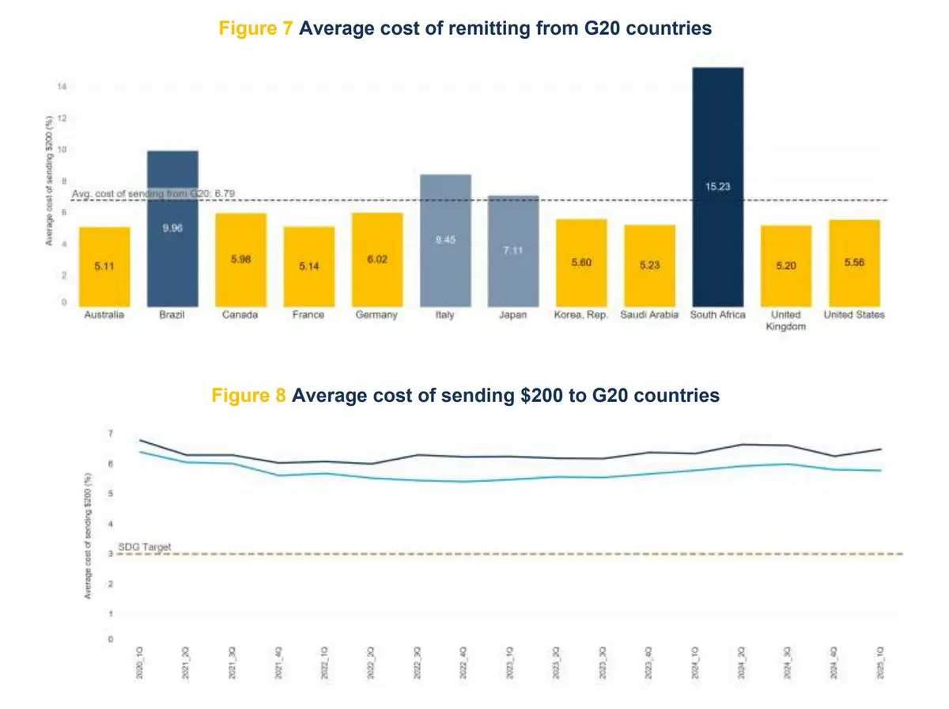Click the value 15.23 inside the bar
click(x=717, y=188)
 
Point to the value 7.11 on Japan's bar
click(x=513, y=250)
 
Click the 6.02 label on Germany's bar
click(x=377, y=259)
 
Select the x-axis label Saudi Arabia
click(x=649, y=315)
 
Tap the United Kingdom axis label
click(x=785, y=320)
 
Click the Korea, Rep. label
click(x=581, y=315)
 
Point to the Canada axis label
click(x=240, y=315)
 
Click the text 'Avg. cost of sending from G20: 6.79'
click(x=153, y=194)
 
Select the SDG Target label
click(x=144, y=547)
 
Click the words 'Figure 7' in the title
click(x=257, y=28)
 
